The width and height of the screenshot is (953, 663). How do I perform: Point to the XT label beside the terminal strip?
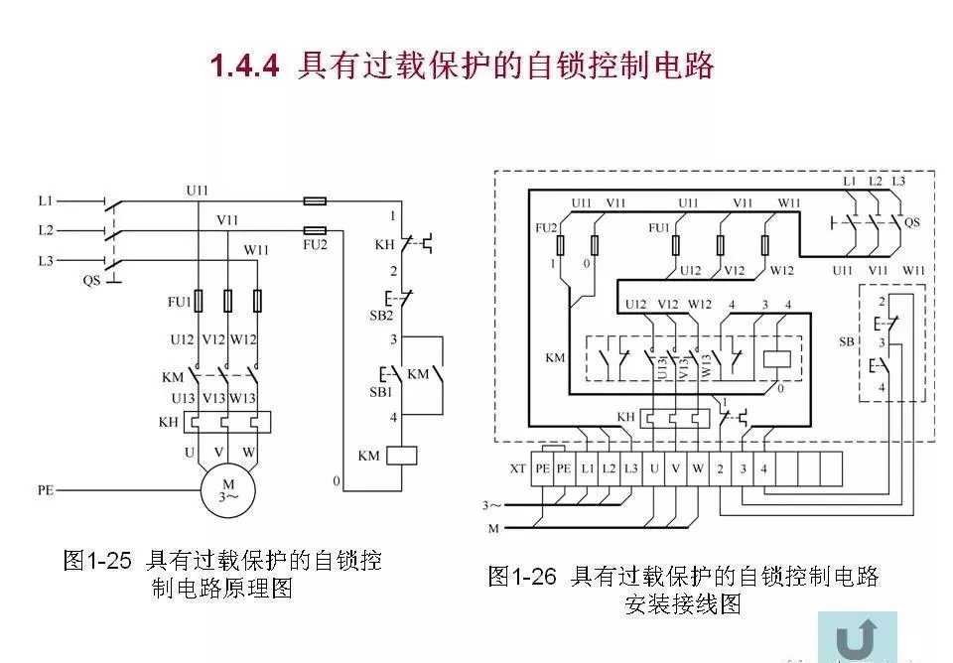(517, 467)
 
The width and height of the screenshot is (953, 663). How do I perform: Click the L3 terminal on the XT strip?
(631, 467)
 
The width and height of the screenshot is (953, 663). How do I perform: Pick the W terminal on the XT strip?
(699, 467)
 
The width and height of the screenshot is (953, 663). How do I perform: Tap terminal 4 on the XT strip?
(764, 467)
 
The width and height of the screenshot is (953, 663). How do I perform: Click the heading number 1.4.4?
(246, 67)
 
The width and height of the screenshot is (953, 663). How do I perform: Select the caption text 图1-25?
(97, 561)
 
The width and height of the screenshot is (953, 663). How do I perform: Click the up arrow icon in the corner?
(856, 635)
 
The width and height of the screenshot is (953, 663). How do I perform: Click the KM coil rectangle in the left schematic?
(400, 456)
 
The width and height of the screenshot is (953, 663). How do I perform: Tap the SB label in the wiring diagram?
(846, 341)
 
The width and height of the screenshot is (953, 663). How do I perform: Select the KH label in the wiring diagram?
(625, 417)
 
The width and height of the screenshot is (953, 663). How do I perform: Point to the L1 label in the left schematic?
(46, 201)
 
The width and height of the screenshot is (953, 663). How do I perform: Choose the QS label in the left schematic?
(91, 281)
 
